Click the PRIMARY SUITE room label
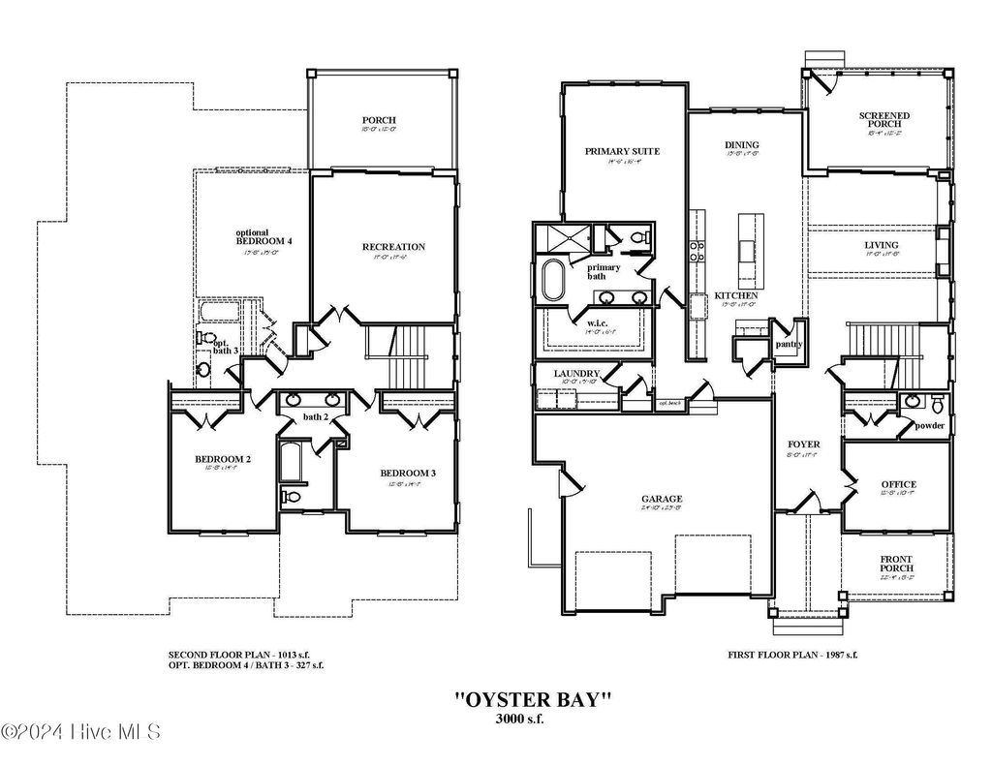click(622, 151)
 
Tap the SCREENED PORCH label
click(883, 120)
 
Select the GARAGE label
click(661, 500)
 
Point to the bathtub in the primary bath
click(557, 280)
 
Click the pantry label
click(786, 344)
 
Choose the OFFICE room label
click(898, 484)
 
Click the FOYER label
click(803, 444)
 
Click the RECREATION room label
click(393, 247)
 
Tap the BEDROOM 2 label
click(223, 459)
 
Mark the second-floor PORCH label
click(379, 120)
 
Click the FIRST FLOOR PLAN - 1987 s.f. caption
click(792, 655)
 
